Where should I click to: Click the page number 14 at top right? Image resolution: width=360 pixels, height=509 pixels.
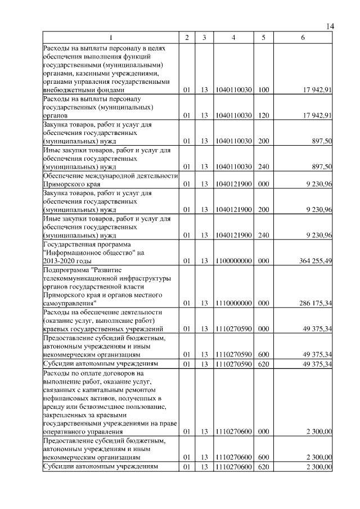click(x=330, y=26)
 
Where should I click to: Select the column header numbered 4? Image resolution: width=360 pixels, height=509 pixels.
click(x=233, y=38)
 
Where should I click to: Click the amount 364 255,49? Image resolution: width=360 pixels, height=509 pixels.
click(x=313, y=261)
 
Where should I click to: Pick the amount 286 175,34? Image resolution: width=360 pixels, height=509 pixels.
click(x=313, y=304)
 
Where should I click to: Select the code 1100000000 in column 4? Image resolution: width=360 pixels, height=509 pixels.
click(x=233, y=261)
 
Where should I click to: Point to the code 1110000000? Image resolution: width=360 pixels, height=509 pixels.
click(x=233, y=304)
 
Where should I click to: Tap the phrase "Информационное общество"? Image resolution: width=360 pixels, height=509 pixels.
click(x=84, y=253)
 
